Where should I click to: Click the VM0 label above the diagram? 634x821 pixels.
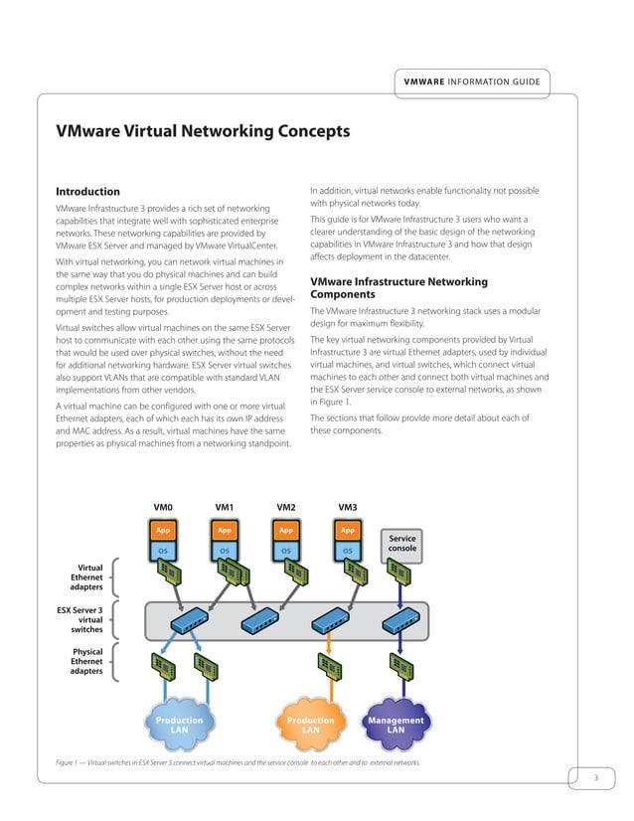163,508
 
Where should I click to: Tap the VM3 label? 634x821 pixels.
347,508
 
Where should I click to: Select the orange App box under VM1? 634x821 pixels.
225,531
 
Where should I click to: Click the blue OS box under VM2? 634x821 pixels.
285,549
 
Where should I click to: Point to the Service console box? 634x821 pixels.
401,543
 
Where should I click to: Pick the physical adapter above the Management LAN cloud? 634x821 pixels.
401,666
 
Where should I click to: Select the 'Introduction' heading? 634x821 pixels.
87,191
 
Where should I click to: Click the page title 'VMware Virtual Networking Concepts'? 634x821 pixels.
203,130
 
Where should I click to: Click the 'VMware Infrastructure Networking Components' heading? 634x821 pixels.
398,289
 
